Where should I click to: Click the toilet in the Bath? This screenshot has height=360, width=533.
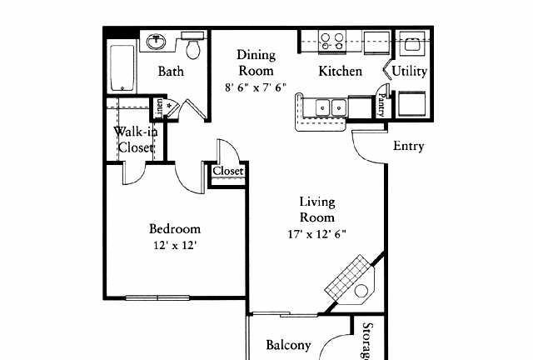coord(192,46)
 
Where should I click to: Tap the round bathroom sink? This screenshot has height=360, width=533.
coord(157,42)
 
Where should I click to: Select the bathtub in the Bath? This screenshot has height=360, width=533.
coord(122,68)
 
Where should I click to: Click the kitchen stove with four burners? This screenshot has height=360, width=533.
coord(332,42)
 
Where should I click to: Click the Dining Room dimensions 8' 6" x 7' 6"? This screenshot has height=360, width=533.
coord(256,87)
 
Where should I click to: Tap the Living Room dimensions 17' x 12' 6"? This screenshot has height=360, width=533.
coord(316,234)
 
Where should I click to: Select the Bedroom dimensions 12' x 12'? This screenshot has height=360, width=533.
coord(175,245)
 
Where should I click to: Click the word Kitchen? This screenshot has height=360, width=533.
coord(340,71)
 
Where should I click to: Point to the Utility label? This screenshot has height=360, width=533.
coord(409,71)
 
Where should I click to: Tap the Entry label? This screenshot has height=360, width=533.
coord(409,146)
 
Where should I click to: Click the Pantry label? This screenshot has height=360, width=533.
coord(381,104)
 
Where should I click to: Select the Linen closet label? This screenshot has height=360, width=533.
coord(159,108)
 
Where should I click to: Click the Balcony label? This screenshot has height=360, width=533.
coord(288,345)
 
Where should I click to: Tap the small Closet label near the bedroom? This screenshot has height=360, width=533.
coord(228,171)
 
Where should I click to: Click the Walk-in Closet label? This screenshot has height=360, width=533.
coord(135,139)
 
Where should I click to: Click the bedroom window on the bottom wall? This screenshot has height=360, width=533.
coord(157,297)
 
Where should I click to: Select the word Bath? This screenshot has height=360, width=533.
coord(171,71)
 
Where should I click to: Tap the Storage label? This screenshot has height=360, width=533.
coord(367,341)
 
